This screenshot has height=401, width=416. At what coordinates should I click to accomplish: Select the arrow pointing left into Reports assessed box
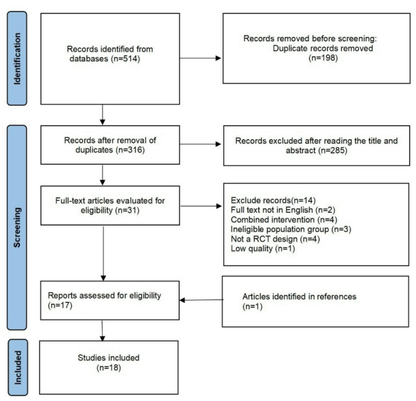pos(200,300)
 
